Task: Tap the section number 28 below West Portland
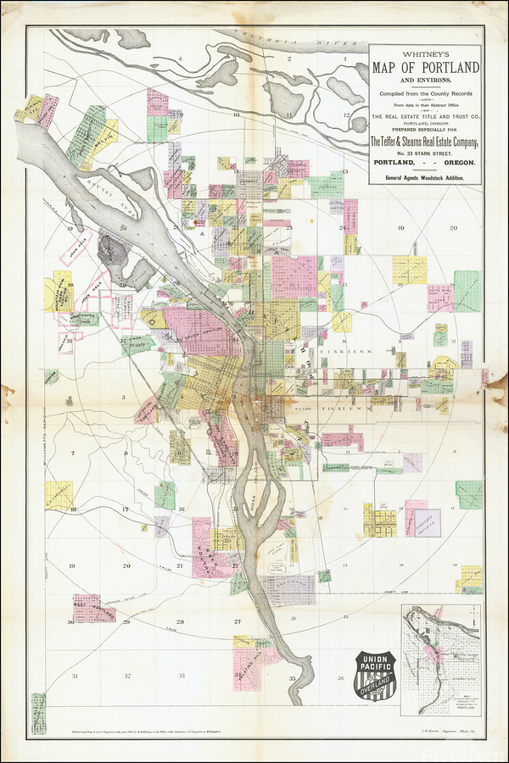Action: click(180, 621)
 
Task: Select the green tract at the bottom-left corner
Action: click(38, 709)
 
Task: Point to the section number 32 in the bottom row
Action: click(127, 676)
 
